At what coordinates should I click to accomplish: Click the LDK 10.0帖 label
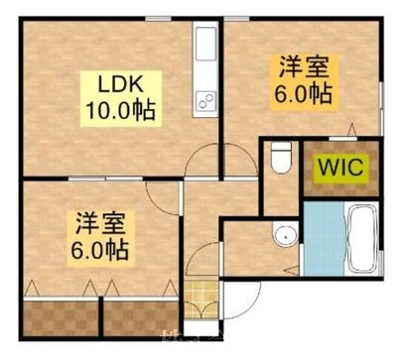pos(121,98)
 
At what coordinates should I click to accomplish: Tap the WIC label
pos(341,169)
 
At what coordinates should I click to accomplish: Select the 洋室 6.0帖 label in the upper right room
pos(304,81)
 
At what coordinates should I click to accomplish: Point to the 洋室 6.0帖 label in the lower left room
pos(100,239)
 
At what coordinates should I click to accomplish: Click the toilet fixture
pos(281,158)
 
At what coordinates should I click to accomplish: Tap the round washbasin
pos(285,234)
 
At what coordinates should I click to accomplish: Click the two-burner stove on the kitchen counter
pos(205,101)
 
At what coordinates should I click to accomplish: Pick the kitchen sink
pos(205,45)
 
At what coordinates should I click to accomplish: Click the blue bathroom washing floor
pos(324,239)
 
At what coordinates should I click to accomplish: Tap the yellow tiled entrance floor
pos(202,300)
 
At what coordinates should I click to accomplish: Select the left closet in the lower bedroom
pos(62,318)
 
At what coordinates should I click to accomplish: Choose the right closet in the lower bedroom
pos(141,318)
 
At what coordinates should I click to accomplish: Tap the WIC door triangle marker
pos(352,129)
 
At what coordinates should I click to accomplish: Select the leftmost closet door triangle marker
pos(32,288)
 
